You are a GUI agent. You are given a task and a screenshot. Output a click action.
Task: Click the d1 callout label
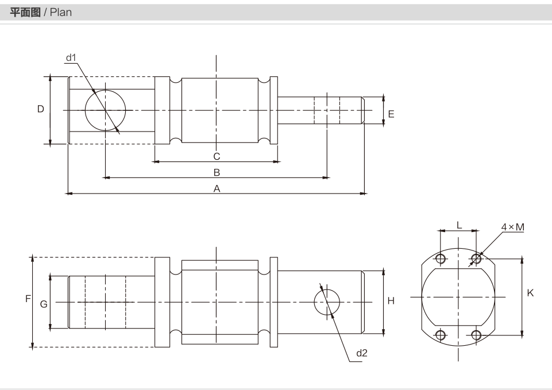click(71, 57)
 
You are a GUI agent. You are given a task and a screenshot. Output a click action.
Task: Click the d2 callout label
click(361, 353)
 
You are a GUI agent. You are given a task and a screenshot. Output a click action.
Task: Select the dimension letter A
click(217, 188)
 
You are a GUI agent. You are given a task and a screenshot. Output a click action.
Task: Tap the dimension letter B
click(217, 172)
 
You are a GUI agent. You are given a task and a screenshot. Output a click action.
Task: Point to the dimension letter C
click(217, 156)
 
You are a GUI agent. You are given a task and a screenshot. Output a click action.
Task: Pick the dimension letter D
click(41, 109)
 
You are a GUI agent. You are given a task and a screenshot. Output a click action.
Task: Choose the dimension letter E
click(391, 114)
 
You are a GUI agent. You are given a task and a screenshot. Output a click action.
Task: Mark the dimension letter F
click(28, 299)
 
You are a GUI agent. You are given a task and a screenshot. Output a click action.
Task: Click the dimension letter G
click(44, 304)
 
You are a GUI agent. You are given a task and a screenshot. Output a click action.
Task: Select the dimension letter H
click(391, 300)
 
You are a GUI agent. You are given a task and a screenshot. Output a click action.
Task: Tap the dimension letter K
click(530, 293)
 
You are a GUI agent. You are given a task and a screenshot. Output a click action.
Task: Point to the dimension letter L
click(459, 225)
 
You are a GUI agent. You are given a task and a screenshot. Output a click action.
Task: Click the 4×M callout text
click(513, 227)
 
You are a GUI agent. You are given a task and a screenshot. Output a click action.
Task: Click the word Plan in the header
click(61, 12)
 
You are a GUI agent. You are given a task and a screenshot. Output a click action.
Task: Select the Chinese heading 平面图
click(25, 12)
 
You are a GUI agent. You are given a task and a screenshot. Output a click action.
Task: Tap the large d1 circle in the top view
click(105, 90)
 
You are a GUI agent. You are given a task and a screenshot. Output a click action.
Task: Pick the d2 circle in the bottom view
click(327, 289)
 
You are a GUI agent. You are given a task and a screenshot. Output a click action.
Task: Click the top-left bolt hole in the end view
click(441, 259)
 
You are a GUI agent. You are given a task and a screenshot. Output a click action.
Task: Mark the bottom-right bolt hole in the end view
click(476, 335)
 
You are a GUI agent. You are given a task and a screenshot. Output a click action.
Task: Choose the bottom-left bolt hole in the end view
click(441, 334)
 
